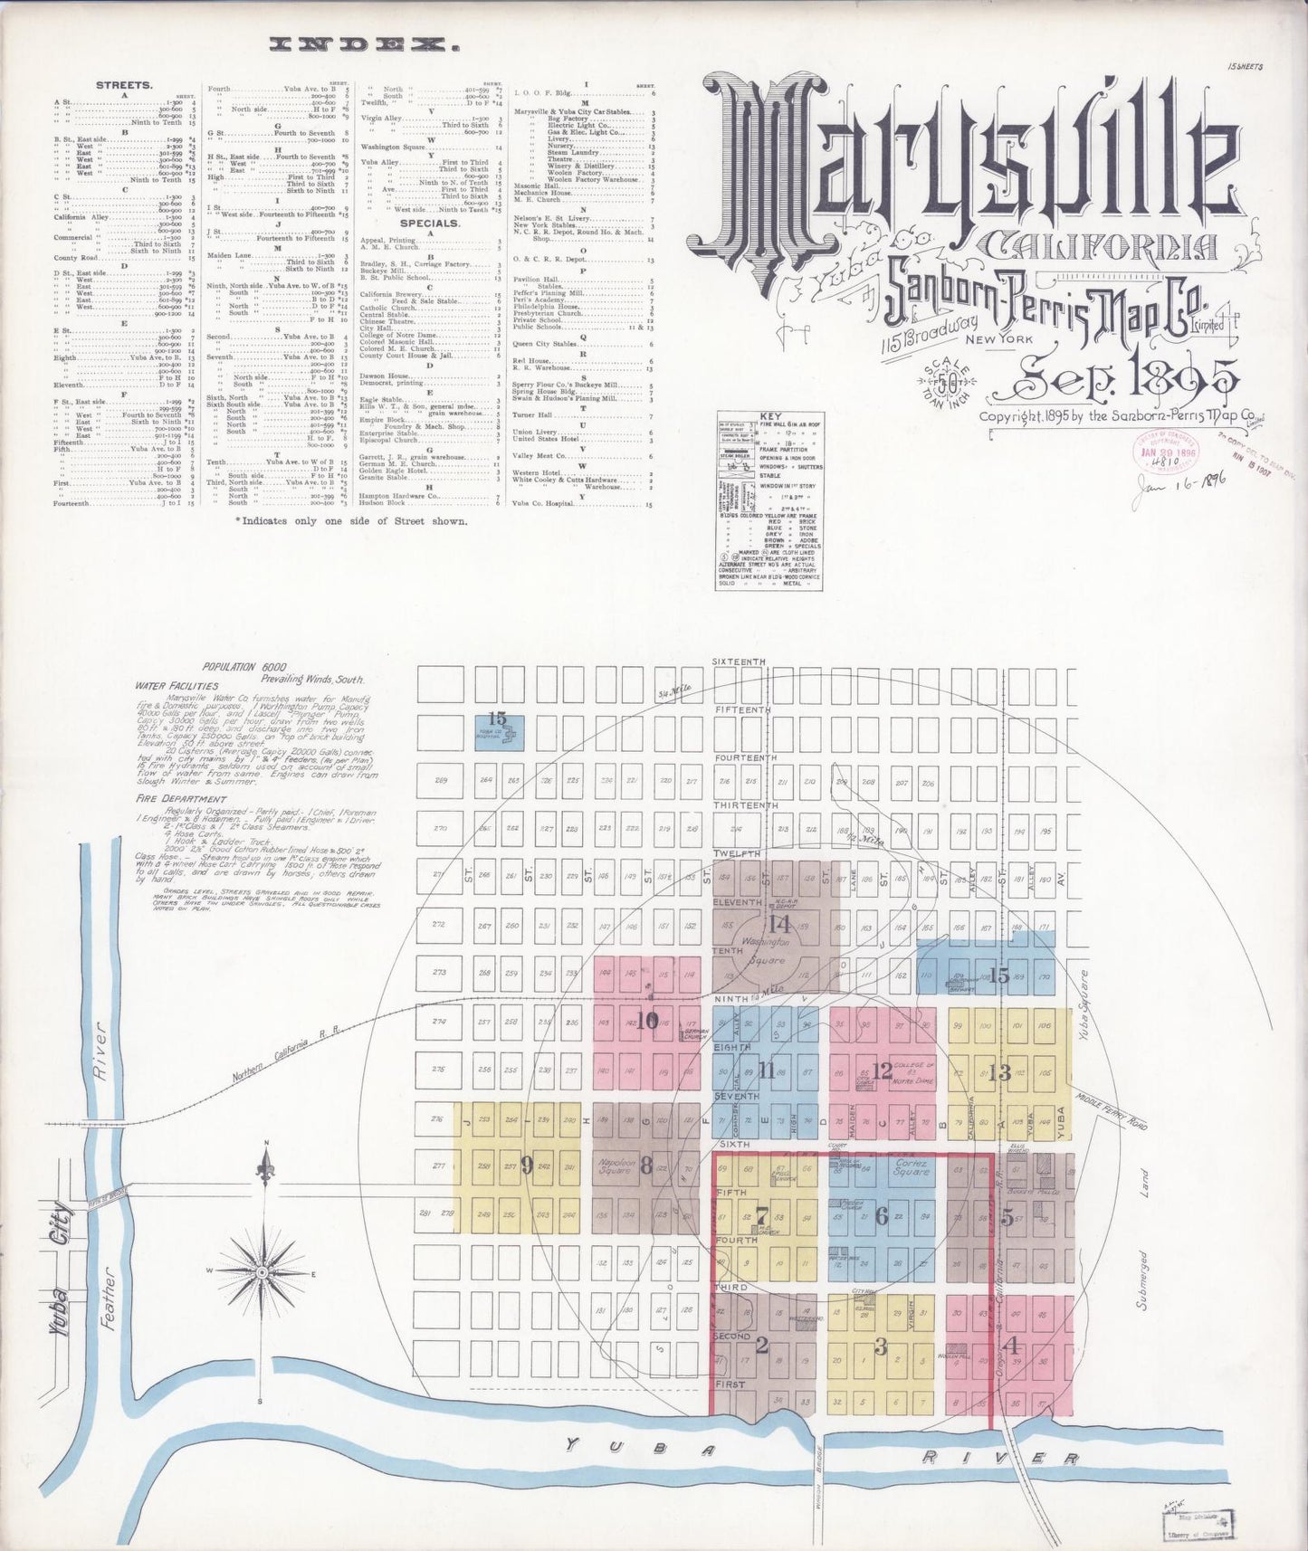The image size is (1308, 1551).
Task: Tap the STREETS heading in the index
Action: (124, 85)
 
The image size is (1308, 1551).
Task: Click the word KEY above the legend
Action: (770, 417)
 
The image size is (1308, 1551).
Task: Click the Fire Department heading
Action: (181, 799)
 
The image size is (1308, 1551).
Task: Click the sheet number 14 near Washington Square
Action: (779, 924)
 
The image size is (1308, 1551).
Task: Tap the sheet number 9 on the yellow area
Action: (527, 1166)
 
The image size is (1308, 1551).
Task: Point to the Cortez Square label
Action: (911, 1166)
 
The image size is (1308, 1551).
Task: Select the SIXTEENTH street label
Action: (740, 662)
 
